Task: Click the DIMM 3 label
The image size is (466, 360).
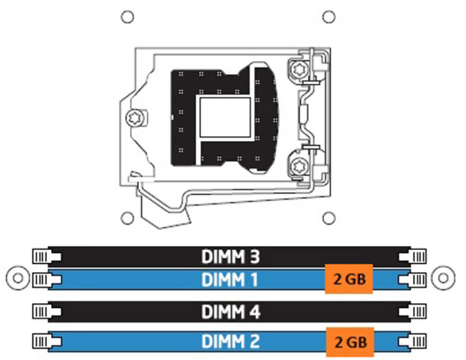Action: click(231, 257)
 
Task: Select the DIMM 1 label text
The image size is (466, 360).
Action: click(229, 280)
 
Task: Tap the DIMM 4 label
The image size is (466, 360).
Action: click(231, 312)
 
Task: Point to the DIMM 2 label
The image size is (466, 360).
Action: click(231, 341)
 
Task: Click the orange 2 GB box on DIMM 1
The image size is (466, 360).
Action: click(349, 279)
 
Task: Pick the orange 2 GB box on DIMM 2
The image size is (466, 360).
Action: click(350, 342)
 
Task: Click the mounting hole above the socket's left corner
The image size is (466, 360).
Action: click(127, 17)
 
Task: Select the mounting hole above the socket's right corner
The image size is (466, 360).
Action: click(329, 17)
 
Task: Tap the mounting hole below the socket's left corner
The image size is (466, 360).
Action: click(127, 218)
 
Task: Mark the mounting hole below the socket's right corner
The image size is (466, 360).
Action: click(329, 218)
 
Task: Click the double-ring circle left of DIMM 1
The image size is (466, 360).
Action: click(18, 278)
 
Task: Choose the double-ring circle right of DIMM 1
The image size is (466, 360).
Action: click(443, 278)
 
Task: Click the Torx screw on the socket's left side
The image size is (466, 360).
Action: click(135, 118)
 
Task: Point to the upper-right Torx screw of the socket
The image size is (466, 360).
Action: click(298, 70)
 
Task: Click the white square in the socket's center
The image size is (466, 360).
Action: click(225, 117)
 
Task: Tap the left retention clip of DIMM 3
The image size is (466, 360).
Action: click(47, 256)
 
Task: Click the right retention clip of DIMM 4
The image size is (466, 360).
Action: click(413, 312)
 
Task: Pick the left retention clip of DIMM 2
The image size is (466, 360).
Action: click(47, 341)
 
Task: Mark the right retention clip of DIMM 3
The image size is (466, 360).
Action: click(413, 256)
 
